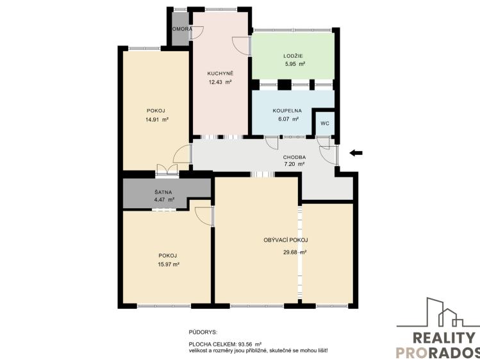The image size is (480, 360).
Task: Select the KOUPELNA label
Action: (287, 110)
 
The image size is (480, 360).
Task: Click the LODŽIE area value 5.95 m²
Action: (295, 64)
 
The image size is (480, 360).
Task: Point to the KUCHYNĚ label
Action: (220, 73)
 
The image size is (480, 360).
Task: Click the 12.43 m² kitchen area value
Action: (220, 82)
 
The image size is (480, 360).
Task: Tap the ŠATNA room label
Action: (163, 192)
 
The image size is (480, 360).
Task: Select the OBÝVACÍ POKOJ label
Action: (286, 240)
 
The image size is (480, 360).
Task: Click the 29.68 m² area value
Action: (295, 252)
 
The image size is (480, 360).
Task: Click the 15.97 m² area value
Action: (168, 264)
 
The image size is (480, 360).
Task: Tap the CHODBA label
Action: (294, 157)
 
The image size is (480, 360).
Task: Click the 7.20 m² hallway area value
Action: (294, 165)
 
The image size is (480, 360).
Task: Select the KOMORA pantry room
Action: (179, 30)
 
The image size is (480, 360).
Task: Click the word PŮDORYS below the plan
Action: (203, 332)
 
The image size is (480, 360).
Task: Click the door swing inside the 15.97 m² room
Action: (204, 216)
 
